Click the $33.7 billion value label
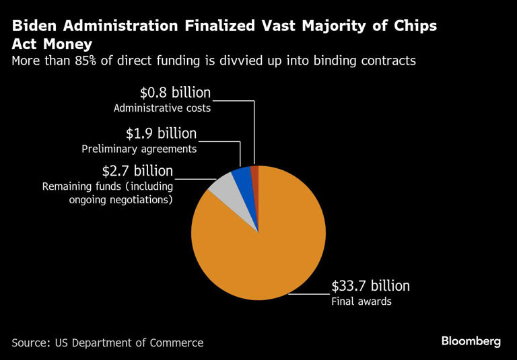(370, 286)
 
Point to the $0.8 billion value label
(176, 93)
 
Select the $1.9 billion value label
(161, 133)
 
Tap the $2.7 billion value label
(137, 171)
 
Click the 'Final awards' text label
(361, 301)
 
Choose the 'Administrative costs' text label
(162, 108)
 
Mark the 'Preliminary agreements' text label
(139, 149)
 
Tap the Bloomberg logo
(471, 341)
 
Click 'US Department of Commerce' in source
(127, 343)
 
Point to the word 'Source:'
(30, 343)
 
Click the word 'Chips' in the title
(416, 26)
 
